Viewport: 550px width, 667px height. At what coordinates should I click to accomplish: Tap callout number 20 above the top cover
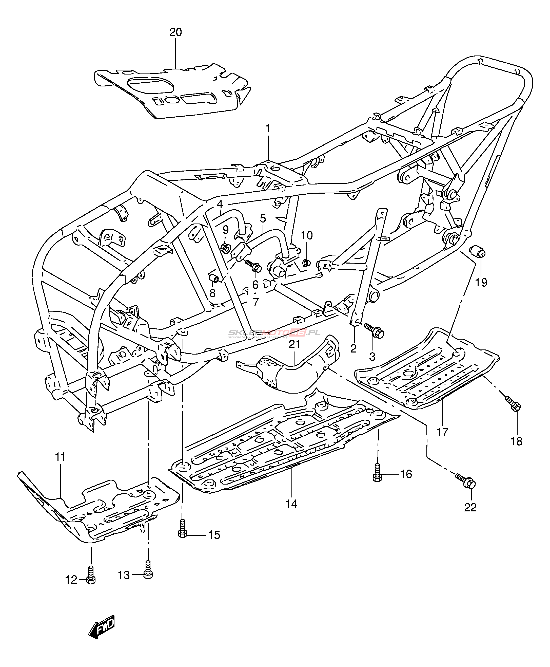tap(175, 32)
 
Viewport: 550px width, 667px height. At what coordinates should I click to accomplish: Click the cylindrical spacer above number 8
tap(214, 278)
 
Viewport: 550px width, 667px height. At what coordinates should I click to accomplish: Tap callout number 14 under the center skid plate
tap(291, 504)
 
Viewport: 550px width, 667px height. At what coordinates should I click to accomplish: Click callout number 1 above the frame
tap(268, 129)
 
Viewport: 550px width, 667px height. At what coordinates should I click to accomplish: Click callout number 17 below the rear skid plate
tap(442, 432)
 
